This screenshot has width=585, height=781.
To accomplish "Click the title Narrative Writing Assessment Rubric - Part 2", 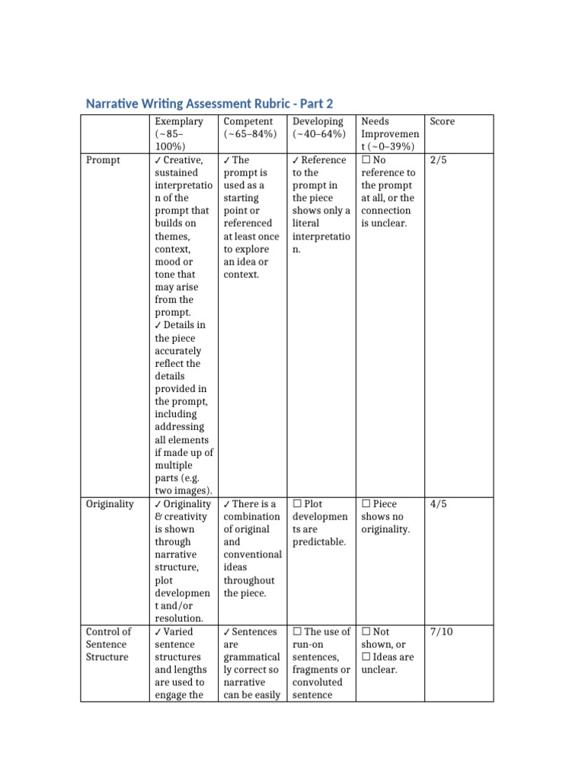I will tap(209, 104).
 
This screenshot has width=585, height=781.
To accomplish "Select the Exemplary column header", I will tap(178, 121).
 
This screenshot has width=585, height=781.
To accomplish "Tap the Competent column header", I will tap(248, 121).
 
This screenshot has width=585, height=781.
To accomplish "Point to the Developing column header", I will tap(318, 121).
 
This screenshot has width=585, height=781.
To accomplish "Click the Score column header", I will tap(442, 121).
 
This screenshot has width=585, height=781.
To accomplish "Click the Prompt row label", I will tap(103, 160).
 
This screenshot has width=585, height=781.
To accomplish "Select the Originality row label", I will tap(110, 504).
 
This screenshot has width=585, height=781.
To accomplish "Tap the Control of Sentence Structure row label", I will tap(108, 644).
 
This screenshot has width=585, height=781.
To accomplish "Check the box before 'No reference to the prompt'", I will tap(366, 160).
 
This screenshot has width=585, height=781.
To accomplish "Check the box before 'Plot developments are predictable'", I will tap(297, 504).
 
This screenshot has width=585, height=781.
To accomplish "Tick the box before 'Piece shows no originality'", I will tap(366, 504).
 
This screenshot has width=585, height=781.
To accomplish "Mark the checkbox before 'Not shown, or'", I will tap(366, 632).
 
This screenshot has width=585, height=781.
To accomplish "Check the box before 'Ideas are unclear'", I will tap(366, 657).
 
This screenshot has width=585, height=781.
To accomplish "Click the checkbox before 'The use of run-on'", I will tap(297, 632).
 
